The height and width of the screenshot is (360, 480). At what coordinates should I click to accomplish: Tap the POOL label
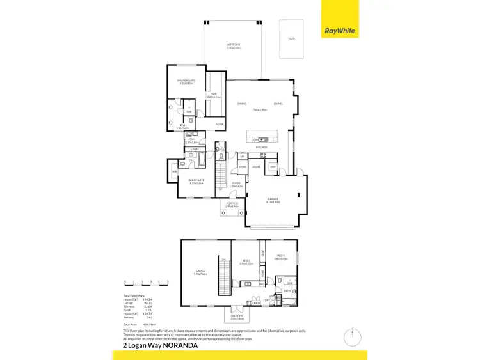tap(292, 38)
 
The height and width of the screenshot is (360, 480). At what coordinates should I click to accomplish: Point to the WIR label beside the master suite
tap(214, 95)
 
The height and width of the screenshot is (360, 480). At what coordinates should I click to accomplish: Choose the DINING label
tap(242, 104)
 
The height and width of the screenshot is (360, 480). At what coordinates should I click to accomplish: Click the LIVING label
tap(278, 104)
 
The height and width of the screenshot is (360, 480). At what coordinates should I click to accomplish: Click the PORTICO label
tap(232, 205)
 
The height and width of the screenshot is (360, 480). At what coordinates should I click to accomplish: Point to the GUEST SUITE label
tap(196, 181)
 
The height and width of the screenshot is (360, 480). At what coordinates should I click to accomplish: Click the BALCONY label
tap(237, 315)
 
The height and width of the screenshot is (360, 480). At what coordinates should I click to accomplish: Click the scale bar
tap(146, 282)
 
